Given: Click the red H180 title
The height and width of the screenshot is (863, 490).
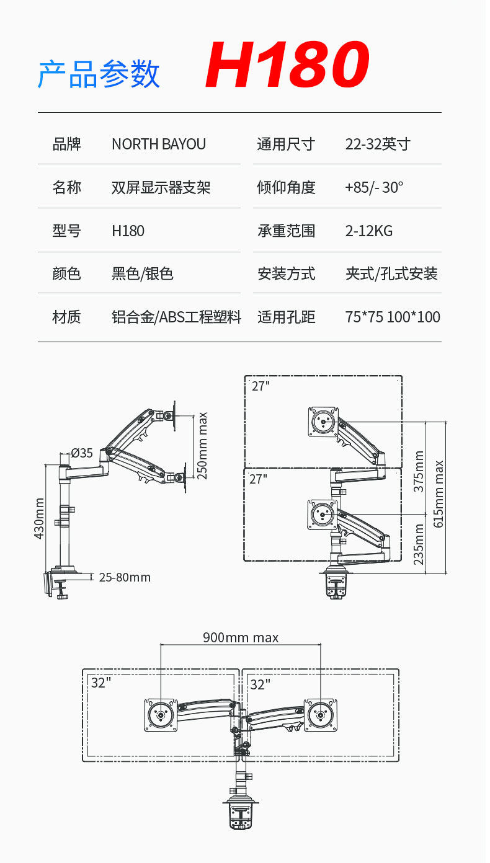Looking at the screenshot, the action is [x=287, y=66].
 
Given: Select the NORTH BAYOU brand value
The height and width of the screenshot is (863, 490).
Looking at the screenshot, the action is [x=159, y=144].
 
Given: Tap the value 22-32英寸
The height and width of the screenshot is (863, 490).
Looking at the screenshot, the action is [x=378, y=144].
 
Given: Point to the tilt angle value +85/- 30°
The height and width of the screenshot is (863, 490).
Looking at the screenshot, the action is [x=374, y=187].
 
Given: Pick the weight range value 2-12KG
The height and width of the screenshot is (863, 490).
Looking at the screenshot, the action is [x=369, y=231].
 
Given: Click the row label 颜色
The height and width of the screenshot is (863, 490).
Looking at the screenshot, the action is [x=67, y=273].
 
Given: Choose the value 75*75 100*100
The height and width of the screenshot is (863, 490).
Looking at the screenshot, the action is [x=393, y=317].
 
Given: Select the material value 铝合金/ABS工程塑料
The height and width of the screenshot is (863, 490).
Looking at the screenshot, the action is [x=176, y=317].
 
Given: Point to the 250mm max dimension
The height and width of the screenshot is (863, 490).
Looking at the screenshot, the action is [x=202, y=446].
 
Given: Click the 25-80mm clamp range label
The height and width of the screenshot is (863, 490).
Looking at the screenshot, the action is [x=125, y=577].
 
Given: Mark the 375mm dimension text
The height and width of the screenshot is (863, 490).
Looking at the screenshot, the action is [x=419, y=472].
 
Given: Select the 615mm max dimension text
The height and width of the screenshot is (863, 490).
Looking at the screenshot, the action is [x=439, y=494].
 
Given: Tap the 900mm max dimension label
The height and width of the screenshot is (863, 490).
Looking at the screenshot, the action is [x=241, y=637].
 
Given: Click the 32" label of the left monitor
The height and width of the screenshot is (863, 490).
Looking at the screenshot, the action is [x=101, y=683].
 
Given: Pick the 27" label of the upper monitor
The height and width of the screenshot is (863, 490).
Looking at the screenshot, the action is [x=261, y=386].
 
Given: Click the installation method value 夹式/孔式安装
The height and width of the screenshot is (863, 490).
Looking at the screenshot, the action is [x=391, y=273].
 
